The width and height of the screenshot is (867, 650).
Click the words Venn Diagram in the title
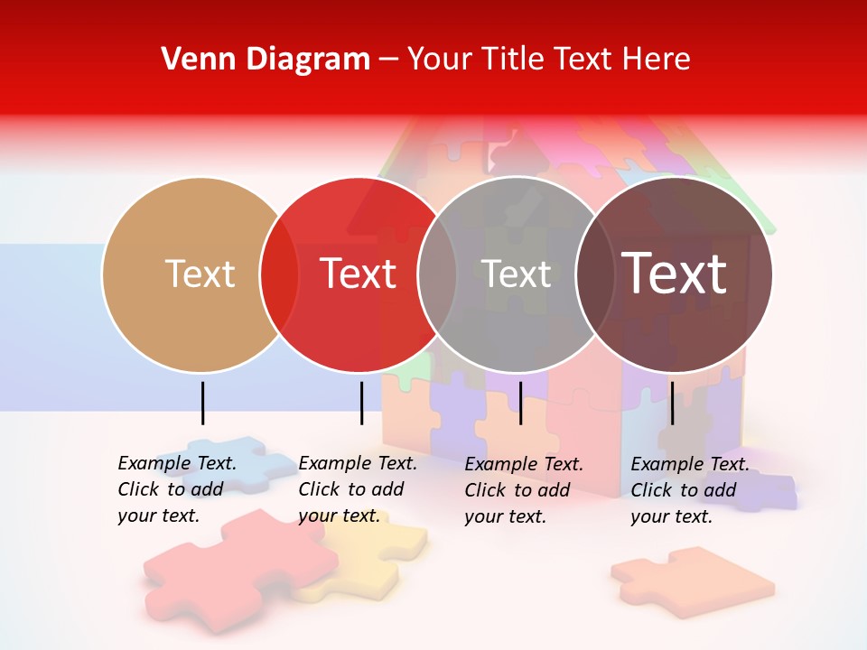tap(266, 59)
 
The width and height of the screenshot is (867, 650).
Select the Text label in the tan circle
tap(200, 274)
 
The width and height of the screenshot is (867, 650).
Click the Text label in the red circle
tap(359, 274)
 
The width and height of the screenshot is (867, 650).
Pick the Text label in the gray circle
tap(517, 274)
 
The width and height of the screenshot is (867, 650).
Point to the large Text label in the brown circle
tap(674, 273)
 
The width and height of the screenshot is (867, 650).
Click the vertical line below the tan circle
tap(203, 403)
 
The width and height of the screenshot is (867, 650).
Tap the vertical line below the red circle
tap(361, 403)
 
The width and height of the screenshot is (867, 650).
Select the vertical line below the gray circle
tap(520, 403)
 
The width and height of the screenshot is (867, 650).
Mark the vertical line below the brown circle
tap(672, 403)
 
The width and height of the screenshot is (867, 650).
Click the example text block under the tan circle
tap(177, 489)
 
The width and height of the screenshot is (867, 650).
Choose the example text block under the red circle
tap(358, 489)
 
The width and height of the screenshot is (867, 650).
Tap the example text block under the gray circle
tap(524, 490)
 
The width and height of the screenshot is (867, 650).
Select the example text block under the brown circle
tap(690, 490)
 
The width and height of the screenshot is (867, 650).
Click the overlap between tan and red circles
tap(279, 274)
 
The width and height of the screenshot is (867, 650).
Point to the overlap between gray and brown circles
tap(595, 274)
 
